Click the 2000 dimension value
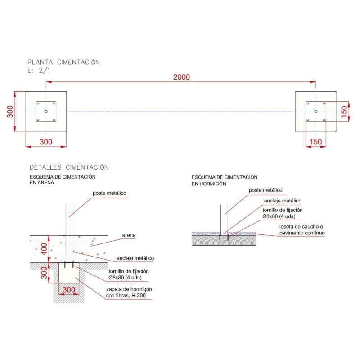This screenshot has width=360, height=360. pos(181,77)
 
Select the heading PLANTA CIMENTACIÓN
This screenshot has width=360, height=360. pos(64,63)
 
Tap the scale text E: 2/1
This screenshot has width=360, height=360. pos(38,71)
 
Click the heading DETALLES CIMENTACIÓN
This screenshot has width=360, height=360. pos(69,167)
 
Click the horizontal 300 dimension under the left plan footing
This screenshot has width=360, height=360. pos(46,142)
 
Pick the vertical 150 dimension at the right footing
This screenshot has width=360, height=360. pos(344,112)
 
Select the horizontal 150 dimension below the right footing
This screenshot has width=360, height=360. pos(316,142)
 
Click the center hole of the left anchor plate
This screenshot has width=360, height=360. pos(46,112)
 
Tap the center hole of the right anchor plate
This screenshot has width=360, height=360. pos(316,112)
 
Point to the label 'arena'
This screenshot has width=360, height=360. pos(129,235)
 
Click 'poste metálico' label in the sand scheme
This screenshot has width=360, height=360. pos(110,193)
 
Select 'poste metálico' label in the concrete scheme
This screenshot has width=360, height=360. pos(265,190)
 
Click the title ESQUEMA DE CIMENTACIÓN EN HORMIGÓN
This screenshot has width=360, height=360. pos(225,180)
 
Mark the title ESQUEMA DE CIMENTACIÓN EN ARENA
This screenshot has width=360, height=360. pos(63,180)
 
